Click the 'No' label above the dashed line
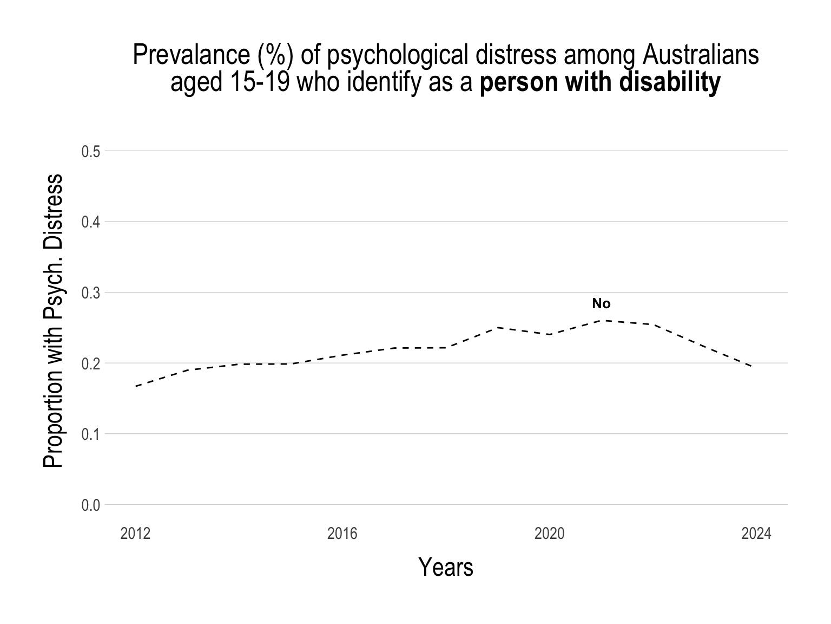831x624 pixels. click(601, 304)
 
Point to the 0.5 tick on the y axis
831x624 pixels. click(91, 152)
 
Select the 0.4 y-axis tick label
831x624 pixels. click(91, 222)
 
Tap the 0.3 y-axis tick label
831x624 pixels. click(91, 293)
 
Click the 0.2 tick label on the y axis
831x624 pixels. click(91, 363)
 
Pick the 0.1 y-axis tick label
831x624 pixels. click(91, 434)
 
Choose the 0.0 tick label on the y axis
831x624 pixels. click(91, 505)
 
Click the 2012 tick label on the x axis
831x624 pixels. click(135, 534)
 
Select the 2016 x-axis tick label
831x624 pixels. click(342, 534)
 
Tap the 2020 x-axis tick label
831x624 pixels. click(549, 534)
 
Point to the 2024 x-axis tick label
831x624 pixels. click(756, 534)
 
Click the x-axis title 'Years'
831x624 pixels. click(446, 567)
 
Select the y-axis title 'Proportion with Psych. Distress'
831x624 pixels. click(53, 321)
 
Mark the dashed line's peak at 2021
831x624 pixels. click(601, 320)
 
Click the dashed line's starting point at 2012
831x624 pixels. click(135, 386)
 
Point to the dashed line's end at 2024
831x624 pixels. click(752, 367)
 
